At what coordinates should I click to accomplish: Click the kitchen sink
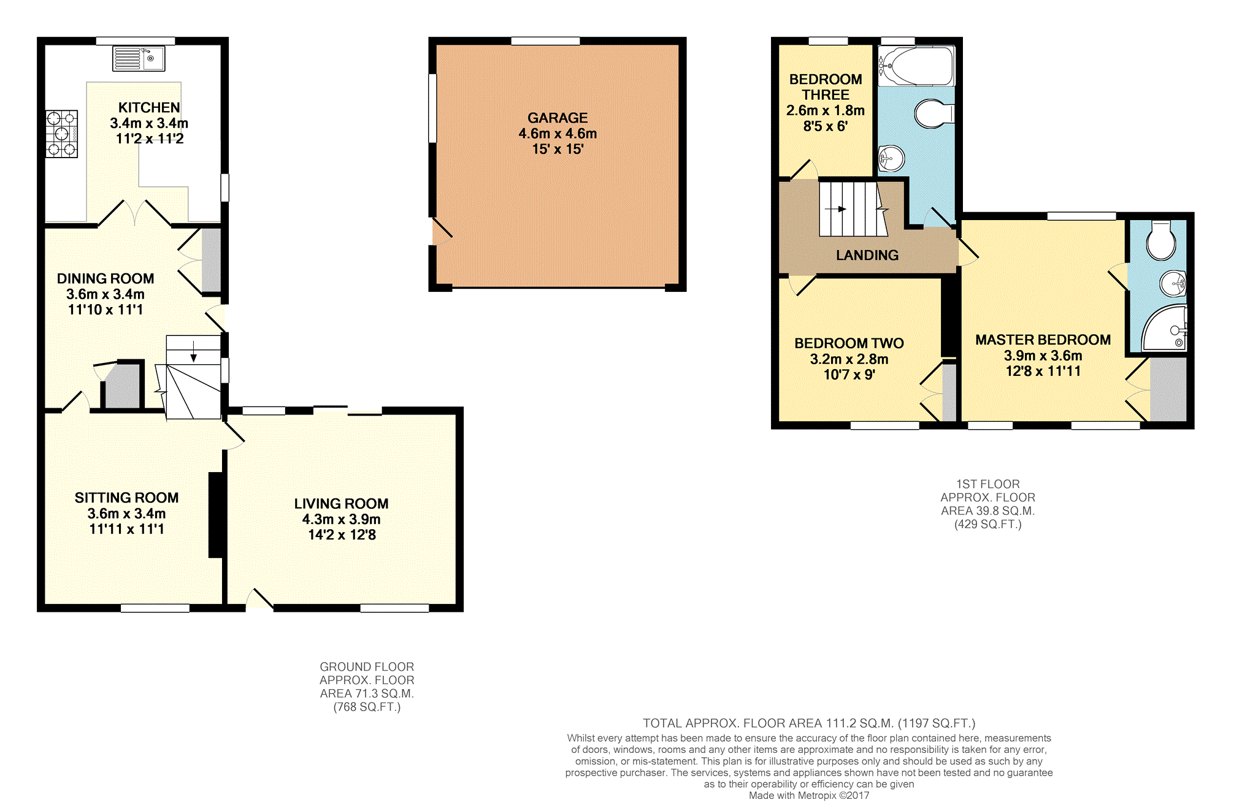pyautogui.click(x=139, y=58)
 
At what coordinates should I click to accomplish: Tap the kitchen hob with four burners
pyautogui.click(x=61, y=134)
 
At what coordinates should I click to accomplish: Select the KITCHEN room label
pyautogui.click(x=149, y=108)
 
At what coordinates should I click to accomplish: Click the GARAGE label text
pyautogui.click(x=558, y=118)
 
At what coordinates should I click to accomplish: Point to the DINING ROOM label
pyautogui.click(x=105, y=279)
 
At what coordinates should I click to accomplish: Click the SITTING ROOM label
pyautogui.click(x=127, y=498)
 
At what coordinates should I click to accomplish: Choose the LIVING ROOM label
pyautogui.click(x=341, y=504)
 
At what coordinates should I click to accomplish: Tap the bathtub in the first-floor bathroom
pyautogui.click(x=916, y=66)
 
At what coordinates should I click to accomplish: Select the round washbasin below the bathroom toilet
pyautogui.click(x=892, y=159)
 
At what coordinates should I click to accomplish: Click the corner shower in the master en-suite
pyautogui.click(x=1164, y=329)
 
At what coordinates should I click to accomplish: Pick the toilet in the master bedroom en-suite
pyautogui.click(x=1160, y=240)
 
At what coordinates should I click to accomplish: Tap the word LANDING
pyautogui.click(x=867, y=255)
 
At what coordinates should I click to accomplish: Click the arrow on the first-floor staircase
pyautogui.click(x=836, y=209)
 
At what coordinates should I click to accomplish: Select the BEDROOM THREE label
pyautogui.click(x=826, y=87)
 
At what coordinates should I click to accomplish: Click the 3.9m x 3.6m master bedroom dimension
pyautogui.click(x=1043, y=356)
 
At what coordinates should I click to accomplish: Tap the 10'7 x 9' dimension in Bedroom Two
pyautogui.click(x=849, y=375)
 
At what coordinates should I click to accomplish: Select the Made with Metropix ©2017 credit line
pyautogui.click(x=809, y=795)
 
